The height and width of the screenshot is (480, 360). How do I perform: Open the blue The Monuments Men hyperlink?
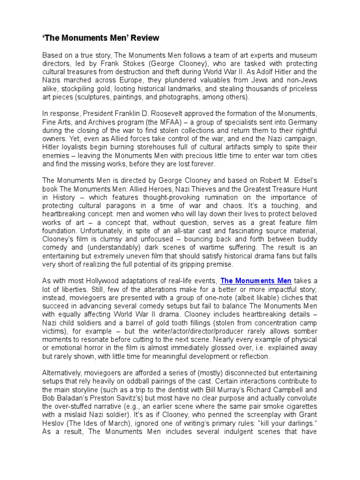256,281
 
